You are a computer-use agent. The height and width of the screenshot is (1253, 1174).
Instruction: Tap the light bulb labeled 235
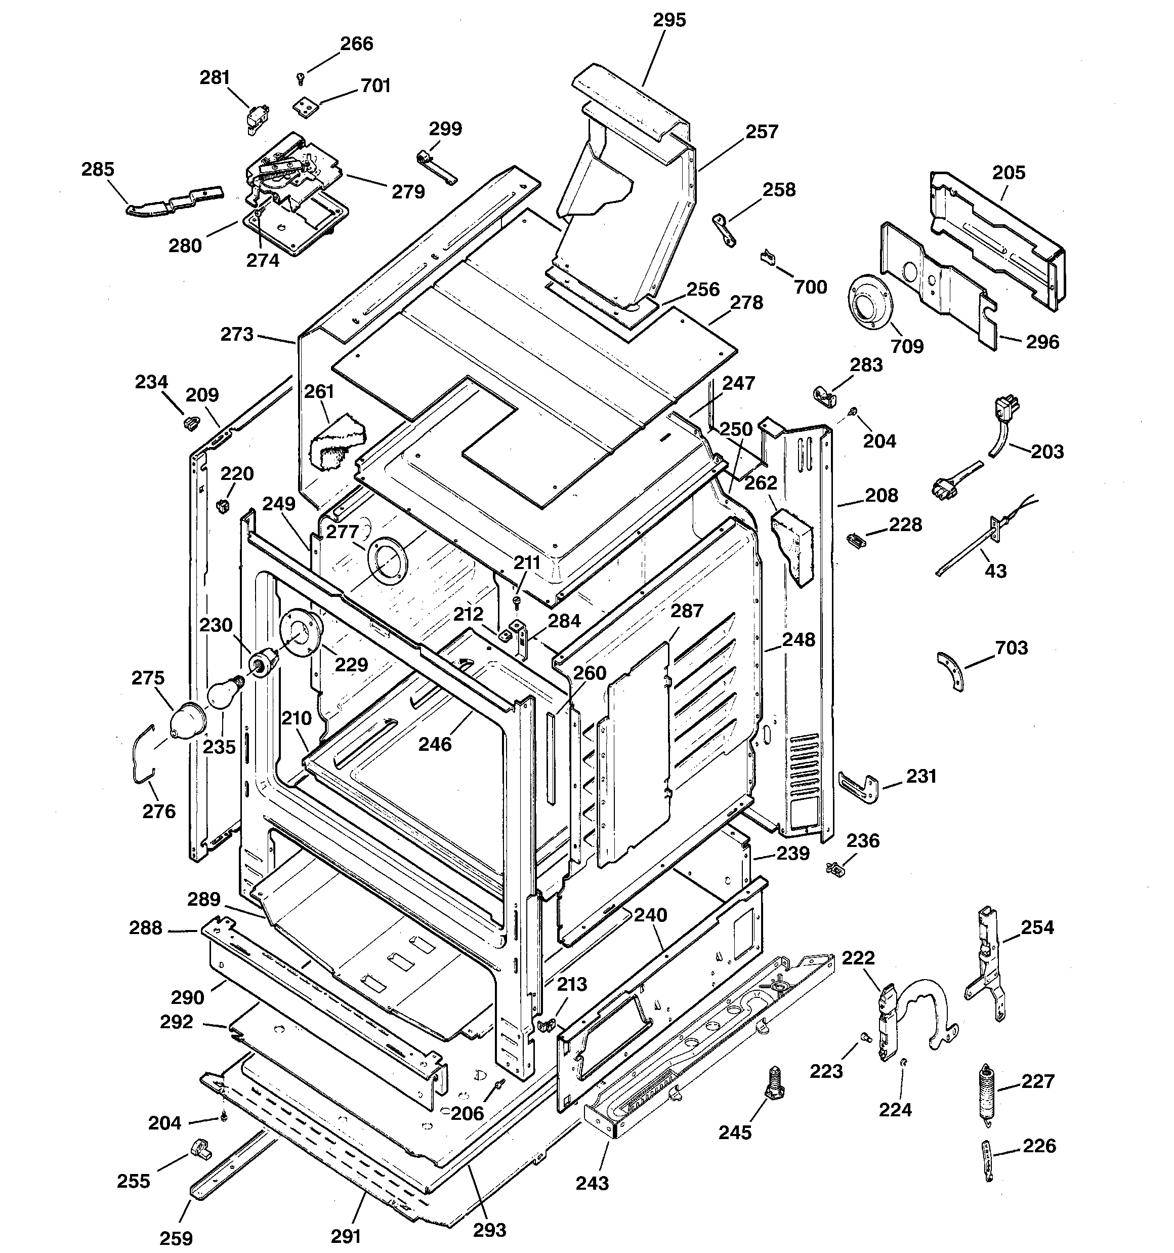222,692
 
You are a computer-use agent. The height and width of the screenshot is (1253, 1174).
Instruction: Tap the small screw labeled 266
301,78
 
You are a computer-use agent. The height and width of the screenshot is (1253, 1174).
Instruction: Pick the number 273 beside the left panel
237,334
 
